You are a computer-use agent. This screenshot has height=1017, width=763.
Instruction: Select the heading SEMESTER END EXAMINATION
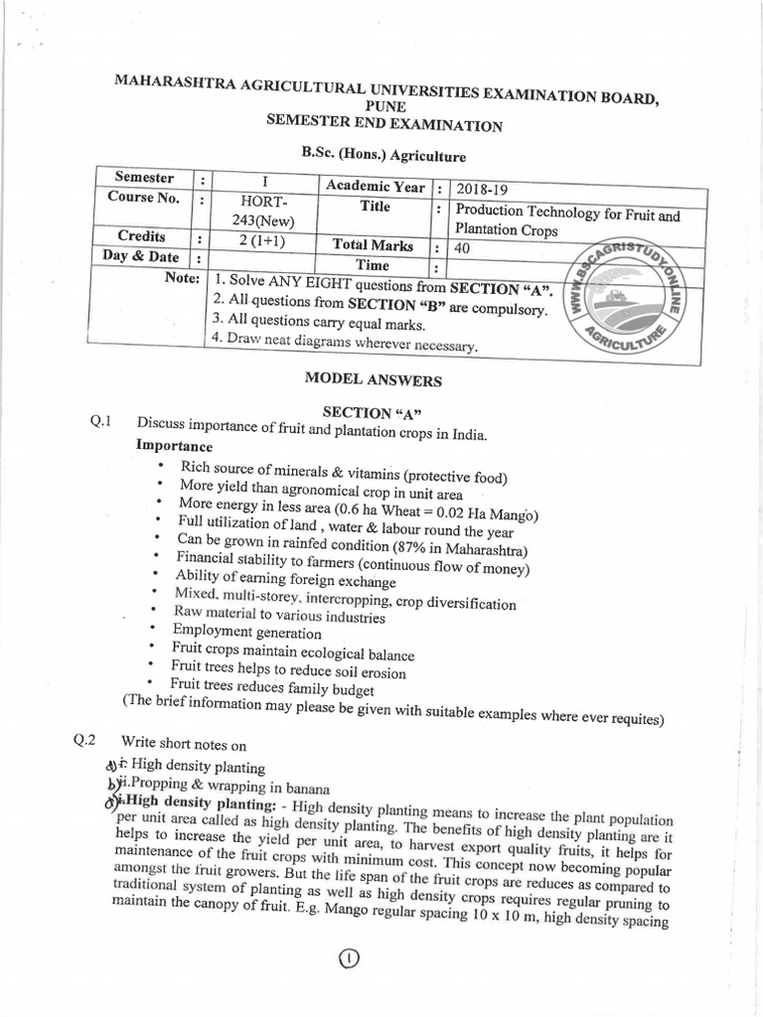pyautogui.click(x=383, y=125)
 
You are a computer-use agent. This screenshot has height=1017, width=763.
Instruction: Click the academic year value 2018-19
pyautogui.click(x=479, y=189)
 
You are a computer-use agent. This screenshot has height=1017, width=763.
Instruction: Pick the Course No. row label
pyautogui.click(x=144, y=198)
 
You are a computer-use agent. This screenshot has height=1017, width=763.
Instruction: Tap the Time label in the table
pyautogui.click(x=373, y=265)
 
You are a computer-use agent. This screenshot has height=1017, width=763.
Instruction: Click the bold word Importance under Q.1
pyautogui.click(x=174, y=446)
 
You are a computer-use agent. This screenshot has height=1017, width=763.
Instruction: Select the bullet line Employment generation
pyautogui.click(x=246, y=632)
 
